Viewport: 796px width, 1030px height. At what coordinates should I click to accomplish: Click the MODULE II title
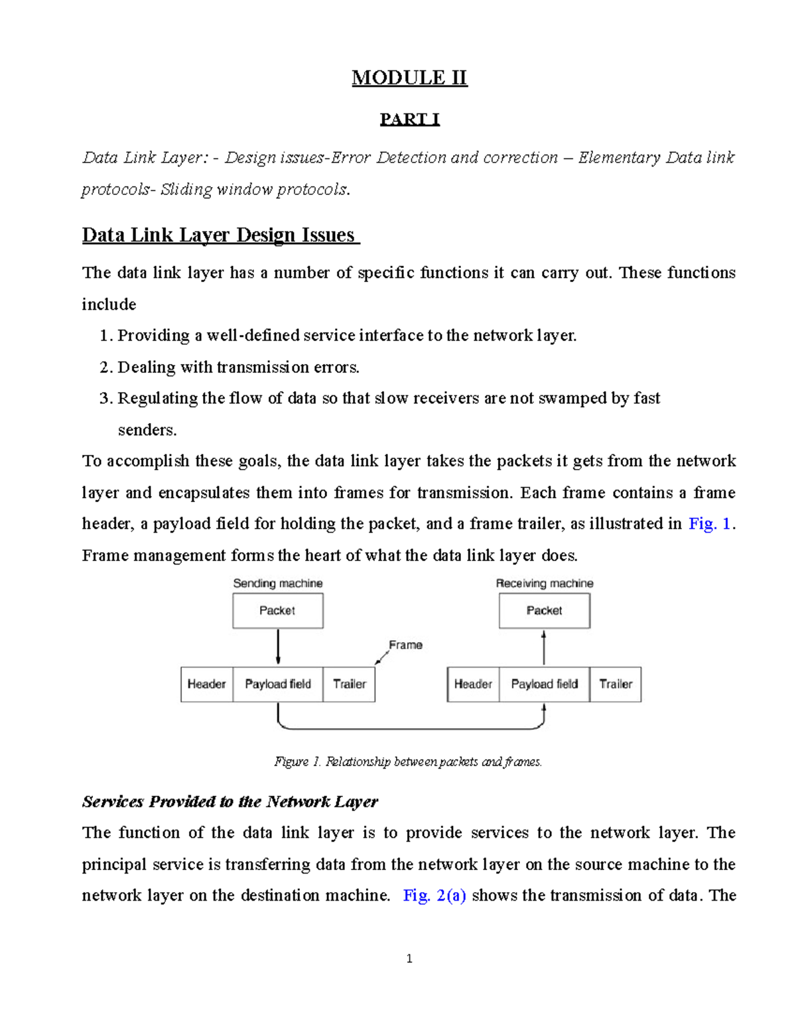point(409,78)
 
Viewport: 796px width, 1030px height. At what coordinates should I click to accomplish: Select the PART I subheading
point(409,119)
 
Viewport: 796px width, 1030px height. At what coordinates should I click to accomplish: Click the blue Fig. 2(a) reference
point(434,895)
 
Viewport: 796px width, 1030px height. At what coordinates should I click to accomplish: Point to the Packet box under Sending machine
point(277,610)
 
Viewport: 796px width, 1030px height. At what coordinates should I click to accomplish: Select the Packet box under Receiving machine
point(544,610)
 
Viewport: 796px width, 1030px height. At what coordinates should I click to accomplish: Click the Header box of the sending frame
point(206,684)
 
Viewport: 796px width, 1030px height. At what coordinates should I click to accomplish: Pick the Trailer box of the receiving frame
point(616,684)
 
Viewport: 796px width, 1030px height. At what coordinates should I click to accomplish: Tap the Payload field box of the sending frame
point(278,684)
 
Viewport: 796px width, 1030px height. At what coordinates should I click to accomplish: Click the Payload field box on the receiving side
point(544,684)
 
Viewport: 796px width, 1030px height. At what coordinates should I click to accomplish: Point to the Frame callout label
point(405,645)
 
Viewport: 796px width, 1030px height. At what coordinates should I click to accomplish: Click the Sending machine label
point(277,583)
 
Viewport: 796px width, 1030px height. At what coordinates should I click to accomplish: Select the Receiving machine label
point(544,583)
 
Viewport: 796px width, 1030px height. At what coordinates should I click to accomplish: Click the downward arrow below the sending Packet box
point(278,647)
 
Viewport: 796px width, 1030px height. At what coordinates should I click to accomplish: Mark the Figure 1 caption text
point(408,761)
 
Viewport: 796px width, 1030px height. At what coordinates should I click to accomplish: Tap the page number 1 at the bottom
point(409,958)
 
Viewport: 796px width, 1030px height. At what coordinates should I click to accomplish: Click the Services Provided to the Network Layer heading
point(230,802)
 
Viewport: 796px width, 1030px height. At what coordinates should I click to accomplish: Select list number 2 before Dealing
point(105,367)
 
